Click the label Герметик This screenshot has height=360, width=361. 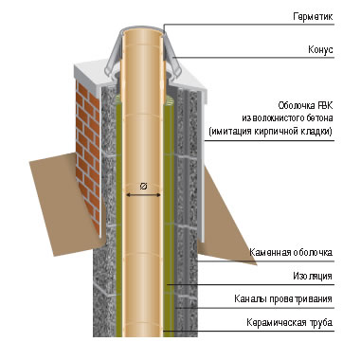[313, 16]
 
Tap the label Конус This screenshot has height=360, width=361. [320, 49]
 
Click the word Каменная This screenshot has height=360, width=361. [270, 253]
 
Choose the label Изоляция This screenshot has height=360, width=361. [313, 276]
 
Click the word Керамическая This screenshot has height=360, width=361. [277, 323]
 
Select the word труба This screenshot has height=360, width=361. [321, 323]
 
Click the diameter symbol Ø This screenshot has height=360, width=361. [143, 187]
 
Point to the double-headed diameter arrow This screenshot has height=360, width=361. [143, 195]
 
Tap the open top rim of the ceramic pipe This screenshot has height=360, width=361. [143, 30]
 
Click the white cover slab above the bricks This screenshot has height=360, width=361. [88, 74]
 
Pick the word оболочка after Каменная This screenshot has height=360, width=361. [313, 253]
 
